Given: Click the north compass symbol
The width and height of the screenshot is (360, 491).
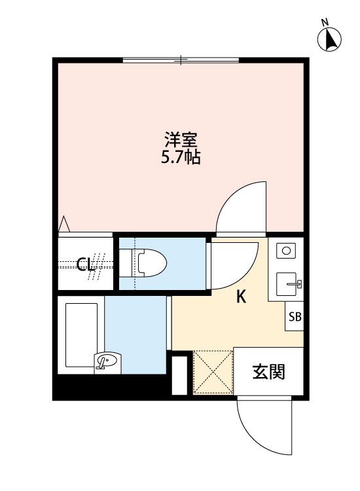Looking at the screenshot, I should pos(331,41).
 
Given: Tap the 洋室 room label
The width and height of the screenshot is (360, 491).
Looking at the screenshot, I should pos(181,140).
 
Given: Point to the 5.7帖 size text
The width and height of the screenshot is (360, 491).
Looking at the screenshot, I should pos(181,158).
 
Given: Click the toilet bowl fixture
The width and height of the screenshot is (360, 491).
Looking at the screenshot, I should pos(151,264).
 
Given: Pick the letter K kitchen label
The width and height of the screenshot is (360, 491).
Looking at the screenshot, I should pos(241,297).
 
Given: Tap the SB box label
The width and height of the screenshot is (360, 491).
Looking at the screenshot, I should pos(295,318).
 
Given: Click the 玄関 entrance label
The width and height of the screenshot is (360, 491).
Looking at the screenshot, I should pos(269,373).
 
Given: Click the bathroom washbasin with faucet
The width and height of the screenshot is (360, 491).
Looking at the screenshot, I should pos(108,361).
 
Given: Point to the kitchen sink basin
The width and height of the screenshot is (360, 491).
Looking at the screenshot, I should pos(288,285).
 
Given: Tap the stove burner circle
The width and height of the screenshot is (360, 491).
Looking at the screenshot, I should pos(286,250).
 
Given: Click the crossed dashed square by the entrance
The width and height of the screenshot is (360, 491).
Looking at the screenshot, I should pos(213,373).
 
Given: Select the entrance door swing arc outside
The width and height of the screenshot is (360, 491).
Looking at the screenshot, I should pos(262,429).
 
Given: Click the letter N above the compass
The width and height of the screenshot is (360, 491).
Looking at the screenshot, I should pos(325,23).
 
